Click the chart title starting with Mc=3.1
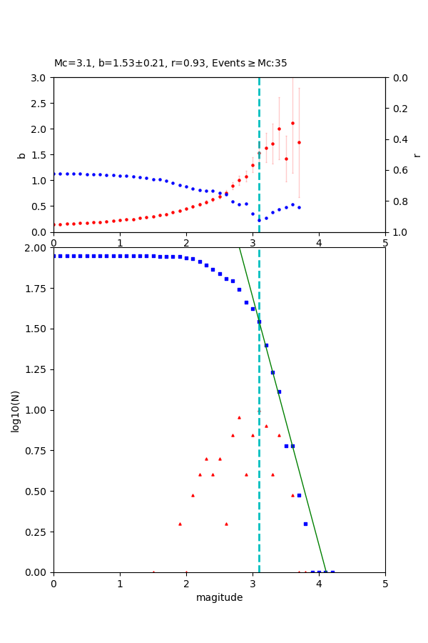170,64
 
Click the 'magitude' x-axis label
219,597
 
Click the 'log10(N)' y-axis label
15,411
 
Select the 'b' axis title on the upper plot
21,155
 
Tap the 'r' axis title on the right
417,155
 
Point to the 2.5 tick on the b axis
40,103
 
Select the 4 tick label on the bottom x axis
319,584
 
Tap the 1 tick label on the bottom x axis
120,584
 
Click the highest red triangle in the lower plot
239,417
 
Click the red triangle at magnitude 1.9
180,524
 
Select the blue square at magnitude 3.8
305,524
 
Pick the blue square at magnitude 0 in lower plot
54,256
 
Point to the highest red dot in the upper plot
292,123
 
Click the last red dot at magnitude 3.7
299,142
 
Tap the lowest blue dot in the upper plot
259,220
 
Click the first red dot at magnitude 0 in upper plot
54,224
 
